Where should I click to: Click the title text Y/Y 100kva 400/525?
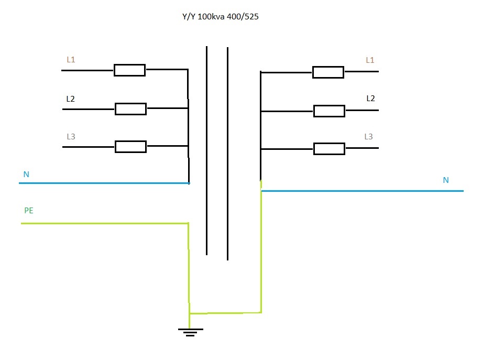point(220,17)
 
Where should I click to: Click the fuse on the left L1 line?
point(129,70)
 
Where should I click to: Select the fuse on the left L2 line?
point(130,109)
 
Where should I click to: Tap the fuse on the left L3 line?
point(130,147)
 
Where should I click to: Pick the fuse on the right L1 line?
point(328,72)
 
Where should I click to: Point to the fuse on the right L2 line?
point(329,111)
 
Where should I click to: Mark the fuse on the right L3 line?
point(329,149)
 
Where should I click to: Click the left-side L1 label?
point(71,60)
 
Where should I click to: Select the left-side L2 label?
point(71,99)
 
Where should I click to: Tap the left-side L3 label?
point(71,137)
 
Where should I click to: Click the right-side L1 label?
point(370,60)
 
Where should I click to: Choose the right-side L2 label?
point(370,98)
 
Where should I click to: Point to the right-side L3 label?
point(369,137)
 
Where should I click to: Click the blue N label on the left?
point(26,174)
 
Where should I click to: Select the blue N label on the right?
point(446,180)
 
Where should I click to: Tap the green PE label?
point(29,211)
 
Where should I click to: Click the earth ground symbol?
point(190,331)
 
